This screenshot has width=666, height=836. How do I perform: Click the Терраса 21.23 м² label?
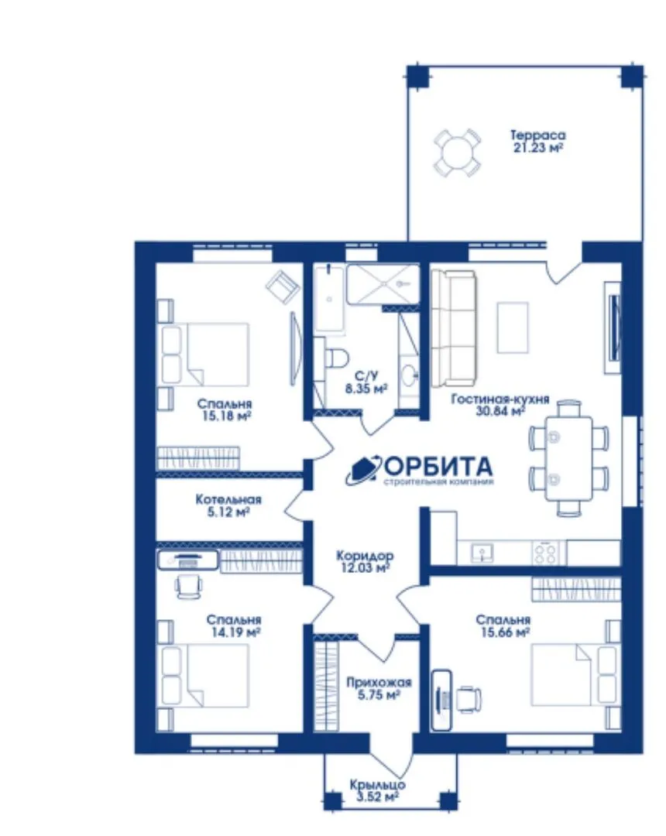point(537,142)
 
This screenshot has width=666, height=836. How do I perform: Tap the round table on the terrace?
point(457,152)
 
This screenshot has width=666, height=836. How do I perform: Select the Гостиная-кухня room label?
point(500,399)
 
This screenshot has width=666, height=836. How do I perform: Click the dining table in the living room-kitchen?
point(568,458)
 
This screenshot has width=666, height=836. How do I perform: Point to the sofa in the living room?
point(453,328)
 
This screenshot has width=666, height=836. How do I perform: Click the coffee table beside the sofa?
point(513,327)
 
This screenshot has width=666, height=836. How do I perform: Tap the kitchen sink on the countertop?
point(482,553)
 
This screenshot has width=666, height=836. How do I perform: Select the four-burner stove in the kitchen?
point(544,553)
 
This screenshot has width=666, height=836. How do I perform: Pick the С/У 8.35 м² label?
point(366,382)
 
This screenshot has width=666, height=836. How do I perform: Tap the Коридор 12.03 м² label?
point(366,561)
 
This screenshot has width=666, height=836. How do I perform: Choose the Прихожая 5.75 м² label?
point(379,688)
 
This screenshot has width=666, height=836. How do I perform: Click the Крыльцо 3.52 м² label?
point(377,791)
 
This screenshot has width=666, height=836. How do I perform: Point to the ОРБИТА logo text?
point(438,467)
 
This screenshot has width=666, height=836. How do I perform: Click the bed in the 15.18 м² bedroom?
point(204,355)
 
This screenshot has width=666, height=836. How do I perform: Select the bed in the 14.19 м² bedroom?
point(204,676)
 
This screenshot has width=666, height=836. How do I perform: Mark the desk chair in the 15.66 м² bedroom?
point(469,699)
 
